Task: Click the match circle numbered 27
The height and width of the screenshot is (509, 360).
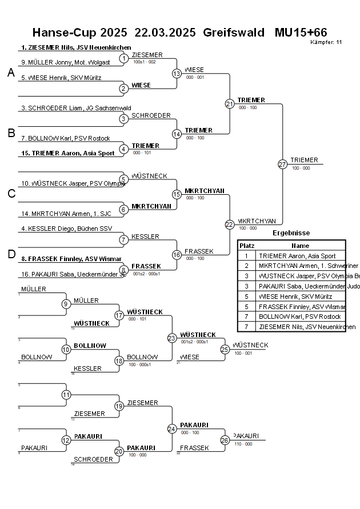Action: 282,165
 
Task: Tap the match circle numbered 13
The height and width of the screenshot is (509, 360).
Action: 177,74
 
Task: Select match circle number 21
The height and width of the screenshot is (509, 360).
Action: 230,104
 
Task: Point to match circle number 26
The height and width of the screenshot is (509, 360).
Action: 225,440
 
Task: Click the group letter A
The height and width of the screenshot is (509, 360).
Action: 11,73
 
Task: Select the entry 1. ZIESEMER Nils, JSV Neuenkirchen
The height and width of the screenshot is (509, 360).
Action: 76,47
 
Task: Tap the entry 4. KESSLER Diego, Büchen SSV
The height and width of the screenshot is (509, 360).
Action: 63,229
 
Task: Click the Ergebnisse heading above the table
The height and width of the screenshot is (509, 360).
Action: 291,233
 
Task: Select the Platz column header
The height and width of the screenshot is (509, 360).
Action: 247,245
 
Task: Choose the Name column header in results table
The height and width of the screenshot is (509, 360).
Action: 300,245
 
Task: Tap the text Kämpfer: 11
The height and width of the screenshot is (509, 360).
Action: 326,42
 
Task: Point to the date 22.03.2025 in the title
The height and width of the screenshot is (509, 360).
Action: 165,32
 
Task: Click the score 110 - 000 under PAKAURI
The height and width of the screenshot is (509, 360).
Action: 243,444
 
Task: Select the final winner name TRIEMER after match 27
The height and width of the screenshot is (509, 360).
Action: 304,160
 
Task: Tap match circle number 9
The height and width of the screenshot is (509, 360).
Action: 66,304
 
